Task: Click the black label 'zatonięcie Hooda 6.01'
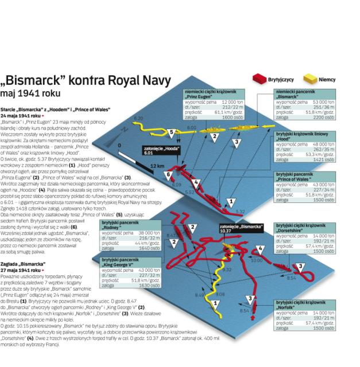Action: click(159, 151)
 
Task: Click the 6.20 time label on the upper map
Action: click(137, 118)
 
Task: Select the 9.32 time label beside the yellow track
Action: click(227, 269)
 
